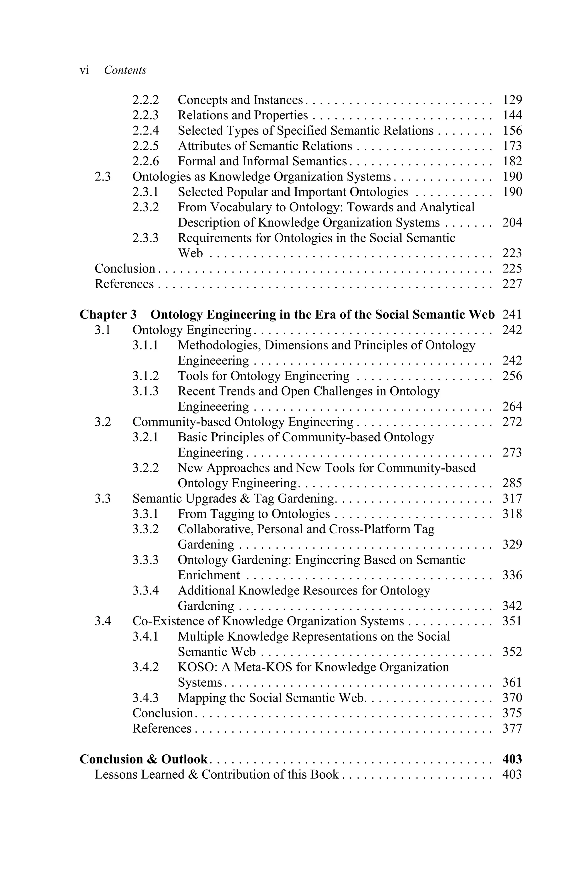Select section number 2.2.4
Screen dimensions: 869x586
pos(145,131)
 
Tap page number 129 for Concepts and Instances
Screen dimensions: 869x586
pos(512,100)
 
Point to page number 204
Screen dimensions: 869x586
pos(512,222)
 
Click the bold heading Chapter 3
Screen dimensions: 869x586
pos(108,315)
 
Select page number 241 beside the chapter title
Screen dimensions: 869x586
pos(512,315)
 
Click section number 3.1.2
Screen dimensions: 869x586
pos(145,376)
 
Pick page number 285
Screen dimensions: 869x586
pos(512,483)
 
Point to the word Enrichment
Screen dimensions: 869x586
pos(209,575)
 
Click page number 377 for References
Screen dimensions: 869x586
pos(512,728)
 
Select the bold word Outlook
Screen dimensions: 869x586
pos(184,759)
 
